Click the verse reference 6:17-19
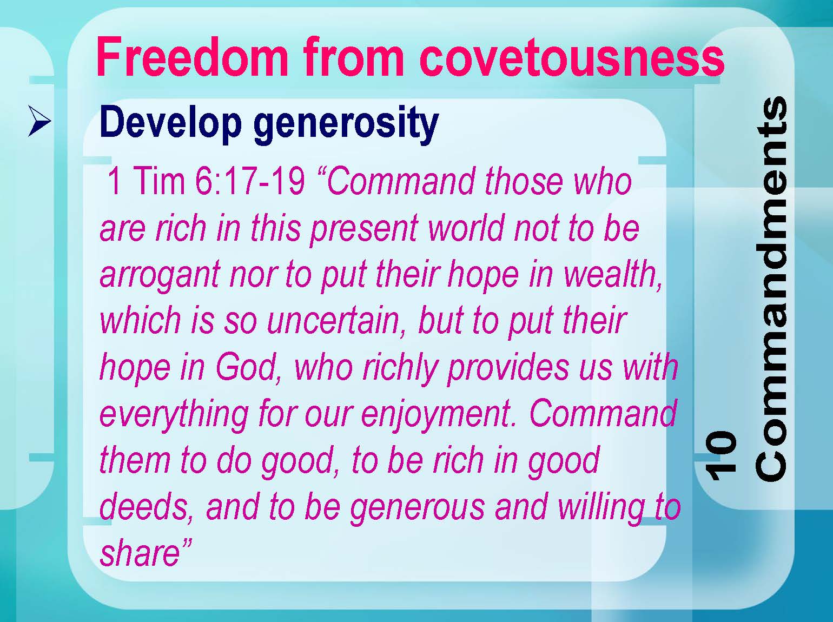[250, 181]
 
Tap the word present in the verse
[364, 229]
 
